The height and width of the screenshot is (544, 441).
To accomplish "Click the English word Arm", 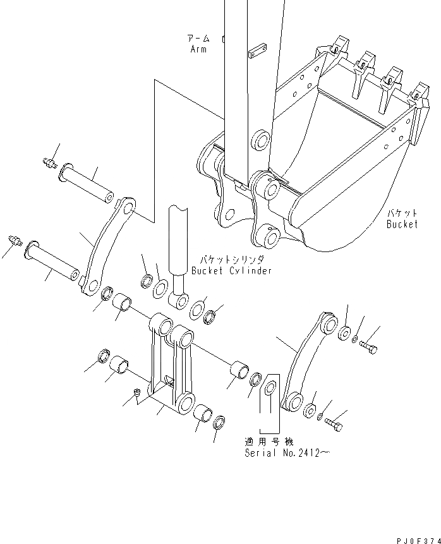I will pos(198,49).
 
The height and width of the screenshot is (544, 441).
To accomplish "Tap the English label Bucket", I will pos(402,224).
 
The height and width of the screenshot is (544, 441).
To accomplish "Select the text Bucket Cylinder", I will pos(231,270).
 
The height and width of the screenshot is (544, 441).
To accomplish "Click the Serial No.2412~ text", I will pos(288,453).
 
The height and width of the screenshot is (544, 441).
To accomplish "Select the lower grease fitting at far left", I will pos(15,241).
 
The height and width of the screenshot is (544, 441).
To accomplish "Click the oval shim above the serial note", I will pos(270,387).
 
